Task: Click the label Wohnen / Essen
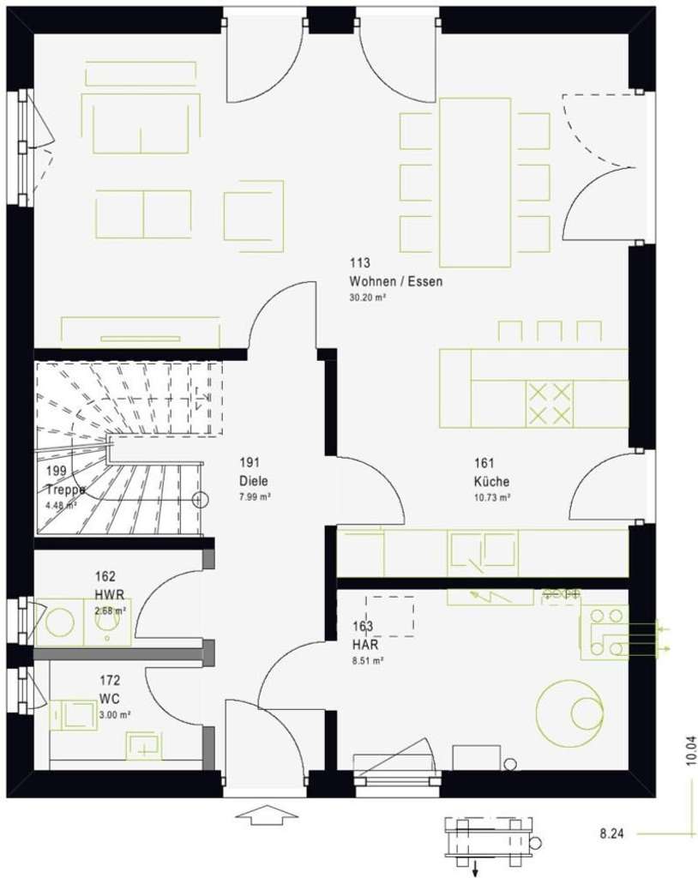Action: point(395,281)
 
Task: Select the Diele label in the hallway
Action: point(254,481)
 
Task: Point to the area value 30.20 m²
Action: point(367,298)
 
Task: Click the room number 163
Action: point(363,626)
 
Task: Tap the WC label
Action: point(108,698)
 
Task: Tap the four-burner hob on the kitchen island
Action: point(549,404)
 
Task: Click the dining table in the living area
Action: point(475,182)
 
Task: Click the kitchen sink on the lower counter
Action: point(483,553)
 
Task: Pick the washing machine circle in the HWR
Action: point(59,621)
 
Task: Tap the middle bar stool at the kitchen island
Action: point(549,331)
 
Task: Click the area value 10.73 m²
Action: point(491,497)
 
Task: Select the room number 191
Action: point(250,463)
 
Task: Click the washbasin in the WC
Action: point(144,745)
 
